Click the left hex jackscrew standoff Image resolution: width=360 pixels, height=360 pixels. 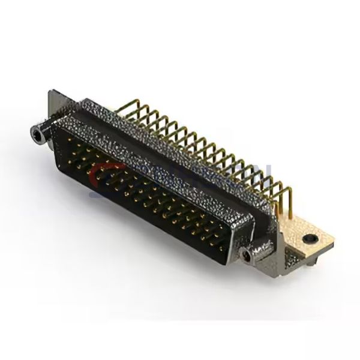[x=39, y=133]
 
